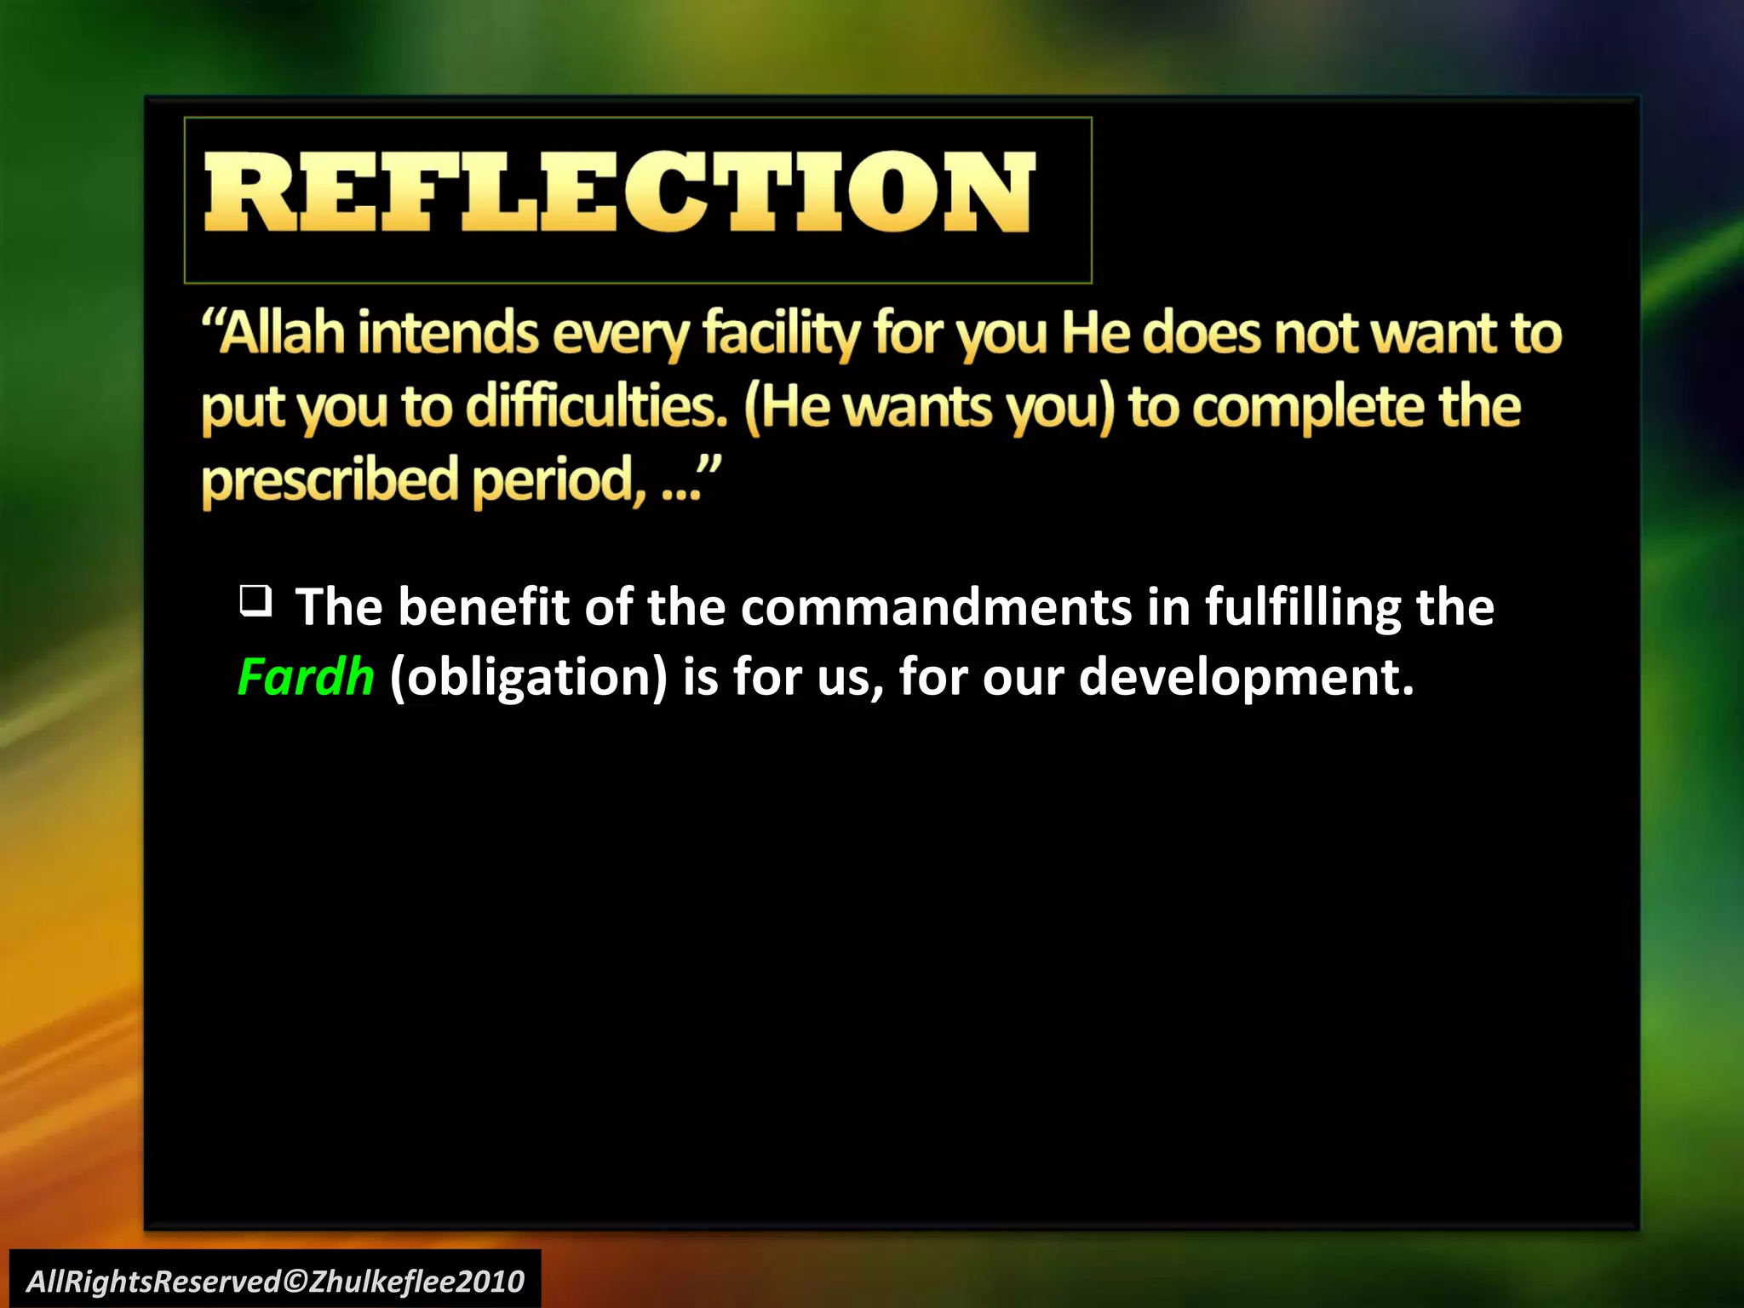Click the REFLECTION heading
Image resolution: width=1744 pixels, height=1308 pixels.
619,192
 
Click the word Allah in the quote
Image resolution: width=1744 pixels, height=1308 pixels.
283,333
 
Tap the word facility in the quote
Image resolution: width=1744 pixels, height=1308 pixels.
781,333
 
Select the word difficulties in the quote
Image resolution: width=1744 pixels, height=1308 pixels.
597,406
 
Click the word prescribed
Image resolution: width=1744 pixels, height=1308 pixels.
330,481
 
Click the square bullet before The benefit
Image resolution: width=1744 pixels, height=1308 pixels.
255,601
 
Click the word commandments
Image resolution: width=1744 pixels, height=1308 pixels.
936,607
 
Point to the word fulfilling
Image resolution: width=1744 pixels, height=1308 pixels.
1302,607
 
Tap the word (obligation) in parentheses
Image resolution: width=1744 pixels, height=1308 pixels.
528,677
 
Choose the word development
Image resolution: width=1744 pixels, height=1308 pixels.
1246,677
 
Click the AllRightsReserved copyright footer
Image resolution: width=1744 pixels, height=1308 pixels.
275,1281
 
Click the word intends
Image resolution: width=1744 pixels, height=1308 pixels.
448,333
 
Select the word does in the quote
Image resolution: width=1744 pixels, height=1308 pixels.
1201,333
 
